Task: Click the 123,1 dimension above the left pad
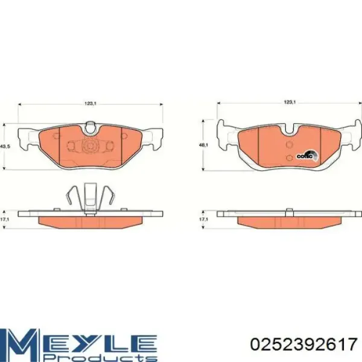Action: (91, 104)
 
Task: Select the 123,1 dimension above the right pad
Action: (290, 102)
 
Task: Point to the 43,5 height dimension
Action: (5, 147)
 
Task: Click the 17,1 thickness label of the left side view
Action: (4, 220)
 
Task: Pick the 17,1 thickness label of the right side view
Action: (203, 220)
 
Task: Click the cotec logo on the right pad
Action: (307, 156)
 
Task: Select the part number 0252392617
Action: (304, 345)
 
